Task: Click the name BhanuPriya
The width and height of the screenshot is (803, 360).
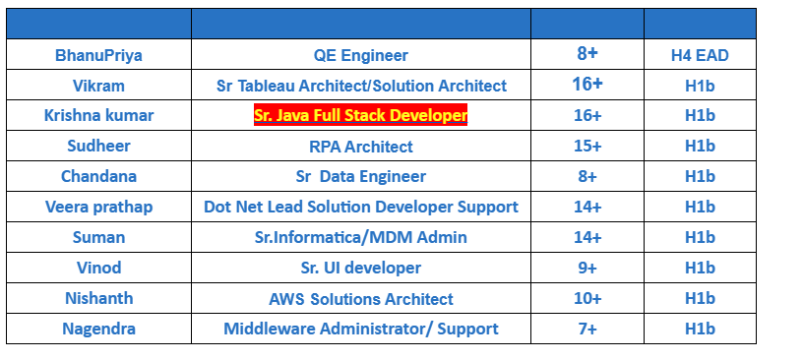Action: [98, 55]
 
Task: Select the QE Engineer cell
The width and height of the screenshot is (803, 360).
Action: [361, 55]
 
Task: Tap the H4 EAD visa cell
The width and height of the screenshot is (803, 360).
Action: [700, 55]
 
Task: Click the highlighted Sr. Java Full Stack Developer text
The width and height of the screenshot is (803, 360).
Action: [361, 116]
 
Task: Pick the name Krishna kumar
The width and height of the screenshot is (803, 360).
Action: [98, 116]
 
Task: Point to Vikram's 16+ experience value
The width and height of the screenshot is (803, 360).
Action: [587, 85]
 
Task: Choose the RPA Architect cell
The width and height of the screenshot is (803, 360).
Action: [361, 147]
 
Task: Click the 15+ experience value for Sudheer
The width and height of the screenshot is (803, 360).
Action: [587, 147]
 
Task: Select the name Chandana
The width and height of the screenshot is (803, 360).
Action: [98, 177]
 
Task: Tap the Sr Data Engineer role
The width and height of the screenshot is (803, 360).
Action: [361, 177]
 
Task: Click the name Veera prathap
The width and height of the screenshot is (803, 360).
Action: [98, 208]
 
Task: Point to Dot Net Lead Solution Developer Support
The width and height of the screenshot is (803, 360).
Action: [361, 208]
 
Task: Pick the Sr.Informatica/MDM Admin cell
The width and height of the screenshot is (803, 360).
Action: [361, 238]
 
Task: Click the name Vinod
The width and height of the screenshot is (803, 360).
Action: [98, 269]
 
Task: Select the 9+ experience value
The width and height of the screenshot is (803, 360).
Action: [587, 269]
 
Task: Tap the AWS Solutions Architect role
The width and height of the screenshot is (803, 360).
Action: [361, 299]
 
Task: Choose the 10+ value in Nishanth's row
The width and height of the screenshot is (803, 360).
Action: [587, 299]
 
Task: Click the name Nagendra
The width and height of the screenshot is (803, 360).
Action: [98, 330]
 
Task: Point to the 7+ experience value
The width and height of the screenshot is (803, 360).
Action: [587, 330]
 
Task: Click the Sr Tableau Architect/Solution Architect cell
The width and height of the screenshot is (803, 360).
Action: [361, 86]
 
